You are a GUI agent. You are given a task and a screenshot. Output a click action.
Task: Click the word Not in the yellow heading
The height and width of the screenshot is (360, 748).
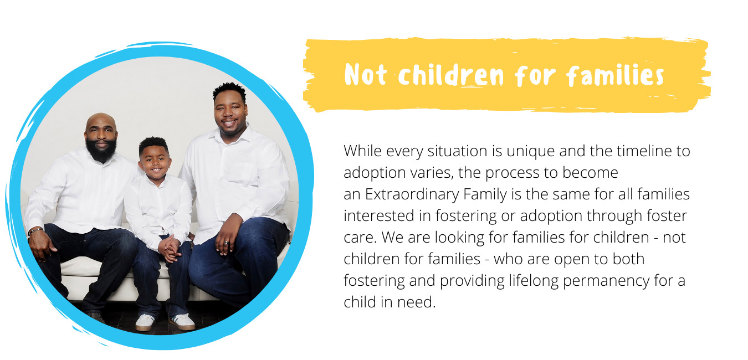point(365,75)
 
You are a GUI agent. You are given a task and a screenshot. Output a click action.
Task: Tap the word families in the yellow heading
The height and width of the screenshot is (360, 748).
point(616,75)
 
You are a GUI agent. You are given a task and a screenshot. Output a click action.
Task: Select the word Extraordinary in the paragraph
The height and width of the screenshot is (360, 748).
point(412,194)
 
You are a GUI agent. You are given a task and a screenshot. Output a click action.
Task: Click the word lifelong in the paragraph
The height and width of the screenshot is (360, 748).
point(534,281)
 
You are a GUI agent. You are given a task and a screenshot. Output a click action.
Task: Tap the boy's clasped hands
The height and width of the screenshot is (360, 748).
point(170,249)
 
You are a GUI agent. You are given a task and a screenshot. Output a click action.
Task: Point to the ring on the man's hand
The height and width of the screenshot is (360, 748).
point(227,243)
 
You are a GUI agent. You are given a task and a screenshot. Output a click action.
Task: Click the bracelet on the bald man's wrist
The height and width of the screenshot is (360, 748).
point(35,230)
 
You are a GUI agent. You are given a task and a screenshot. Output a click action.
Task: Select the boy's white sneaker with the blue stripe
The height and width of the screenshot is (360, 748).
point(182,322)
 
